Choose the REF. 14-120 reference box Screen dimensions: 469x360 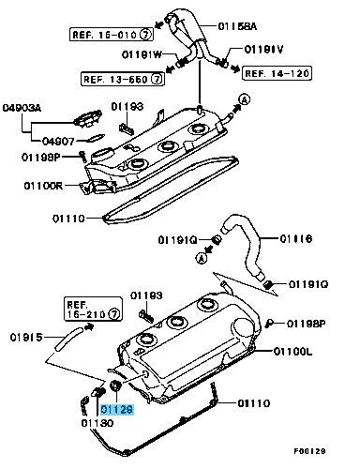278,72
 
